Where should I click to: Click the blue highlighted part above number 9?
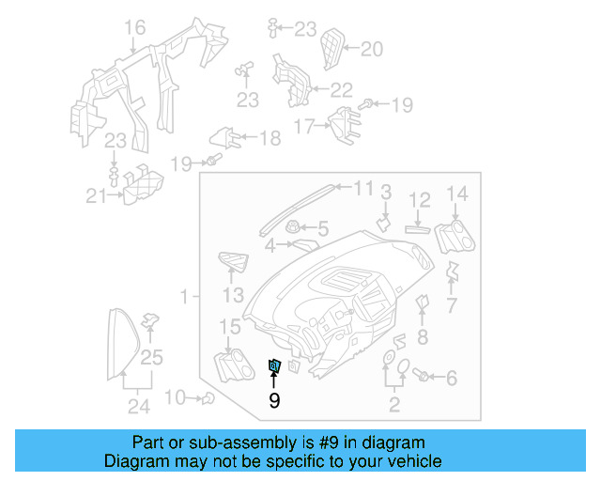(x=275, y=366)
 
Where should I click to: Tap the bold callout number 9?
(x=274, y=400)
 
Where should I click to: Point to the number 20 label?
(x=372, y=49)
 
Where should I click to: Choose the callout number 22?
(x=341, y=90)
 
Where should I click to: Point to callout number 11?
(x=363, y=188)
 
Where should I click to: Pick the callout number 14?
(x=456, y=194)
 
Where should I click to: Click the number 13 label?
(x=233, y=296)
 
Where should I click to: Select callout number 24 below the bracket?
(x=139, y=406)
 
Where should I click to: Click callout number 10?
(x=176, y=397)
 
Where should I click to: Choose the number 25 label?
(x=151, y=356)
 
